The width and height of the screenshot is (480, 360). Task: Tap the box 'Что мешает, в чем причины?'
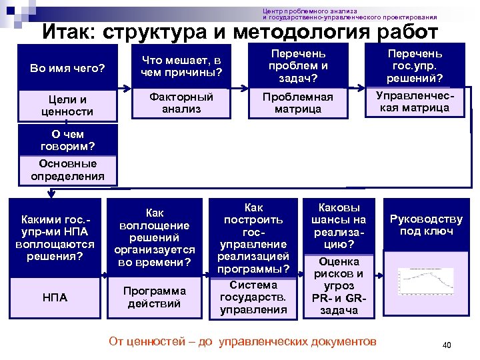click(181, 65)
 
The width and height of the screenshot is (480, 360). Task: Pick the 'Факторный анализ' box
click(181, 103)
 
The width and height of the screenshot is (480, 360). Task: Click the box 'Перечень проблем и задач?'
click(298, 65)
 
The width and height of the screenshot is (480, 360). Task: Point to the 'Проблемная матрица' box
click(298, 103)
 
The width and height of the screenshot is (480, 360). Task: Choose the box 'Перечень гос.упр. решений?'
click(415, 65)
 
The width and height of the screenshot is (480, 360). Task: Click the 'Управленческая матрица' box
click(415, 102)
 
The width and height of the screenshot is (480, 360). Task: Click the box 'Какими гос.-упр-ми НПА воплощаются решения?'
click(55, 238)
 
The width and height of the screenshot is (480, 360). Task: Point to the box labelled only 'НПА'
click(55, 297)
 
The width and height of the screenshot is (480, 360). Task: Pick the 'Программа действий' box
click(155, 297)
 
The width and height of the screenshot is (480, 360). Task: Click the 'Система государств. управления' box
click(254, 297)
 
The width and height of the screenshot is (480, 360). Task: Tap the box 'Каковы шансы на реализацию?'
click(341, 226)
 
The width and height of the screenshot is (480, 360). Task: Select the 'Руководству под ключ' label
click(426, 225)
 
